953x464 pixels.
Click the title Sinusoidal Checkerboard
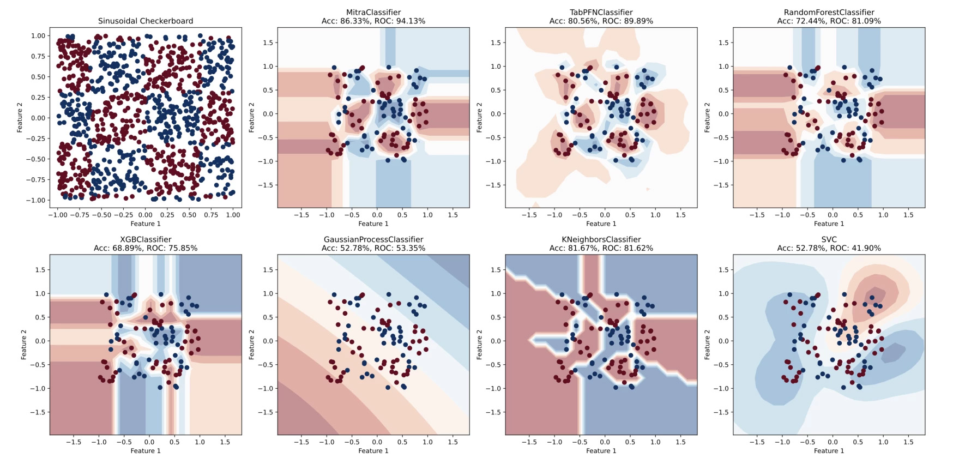coord(146,21)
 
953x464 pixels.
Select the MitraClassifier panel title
coord(373,12)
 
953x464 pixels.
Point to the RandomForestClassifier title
coord(829,12)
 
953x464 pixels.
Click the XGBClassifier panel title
coord(146,239)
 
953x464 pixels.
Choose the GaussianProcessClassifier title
coord(373,239)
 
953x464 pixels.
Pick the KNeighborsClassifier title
coord(601,239)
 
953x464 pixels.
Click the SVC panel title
coord(829,239)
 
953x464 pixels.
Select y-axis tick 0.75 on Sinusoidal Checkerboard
coord(38,56)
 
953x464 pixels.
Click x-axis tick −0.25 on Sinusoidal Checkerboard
coord(123,215)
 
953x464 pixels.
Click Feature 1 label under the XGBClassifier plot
coord(146,451)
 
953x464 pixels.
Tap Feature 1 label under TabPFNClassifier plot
coord(601,224)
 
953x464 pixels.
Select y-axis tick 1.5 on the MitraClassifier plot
coord(268,43)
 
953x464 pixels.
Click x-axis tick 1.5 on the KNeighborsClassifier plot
coord(680,442)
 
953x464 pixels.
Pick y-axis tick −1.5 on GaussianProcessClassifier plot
coord(266,412)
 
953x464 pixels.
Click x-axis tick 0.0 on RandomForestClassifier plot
coord(833,215)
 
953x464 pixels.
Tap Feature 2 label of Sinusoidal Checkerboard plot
coord(20,118)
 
